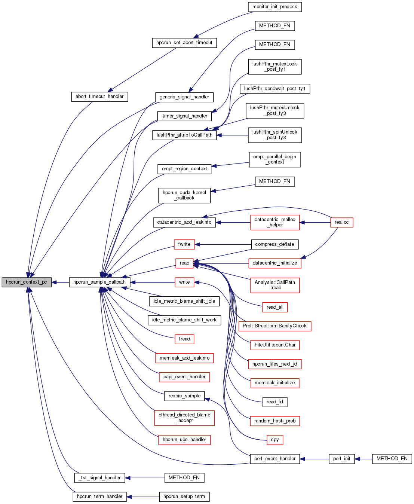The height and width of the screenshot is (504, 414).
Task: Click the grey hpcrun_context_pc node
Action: coord(26,282)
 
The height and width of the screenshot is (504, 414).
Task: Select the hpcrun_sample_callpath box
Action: coord(99,282)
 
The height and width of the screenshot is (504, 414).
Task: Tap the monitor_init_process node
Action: coord(275,7)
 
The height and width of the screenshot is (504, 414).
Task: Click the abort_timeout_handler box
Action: coord(99,97)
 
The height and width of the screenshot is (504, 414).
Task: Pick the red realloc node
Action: coord(341,222)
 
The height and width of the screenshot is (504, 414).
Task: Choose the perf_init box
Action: coord(341,459)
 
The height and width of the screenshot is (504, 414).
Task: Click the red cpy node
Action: coord(275,440)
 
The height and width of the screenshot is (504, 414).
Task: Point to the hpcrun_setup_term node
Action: coord(184,497)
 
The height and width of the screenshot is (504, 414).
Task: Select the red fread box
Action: coord(184,339)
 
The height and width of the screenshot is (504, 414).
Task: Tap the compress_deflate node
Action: coord(275,244)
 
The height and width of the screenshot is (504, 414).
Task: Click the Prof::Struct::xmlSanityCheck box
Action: coord(275,326)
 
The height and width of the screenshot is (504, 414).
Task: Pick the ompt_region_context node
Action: coord(184,169)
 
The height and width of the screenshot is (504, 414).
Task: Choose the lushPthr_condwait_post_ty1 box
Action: coord(275,89)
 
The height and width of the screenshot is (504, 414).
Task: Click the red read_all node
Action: coord(275,307)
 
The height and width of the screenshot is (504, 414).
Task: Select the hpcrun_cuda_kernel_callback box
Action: coord(184,195)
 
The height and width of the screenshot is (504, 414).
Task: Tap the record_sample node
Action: coord(184,396)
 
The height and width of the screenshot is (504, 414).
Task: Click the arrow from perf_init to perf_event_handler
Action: coord(314,459)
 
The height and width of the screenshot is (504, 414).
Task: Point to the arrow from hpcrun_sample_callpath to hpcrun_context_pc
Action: coord(60,282)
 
